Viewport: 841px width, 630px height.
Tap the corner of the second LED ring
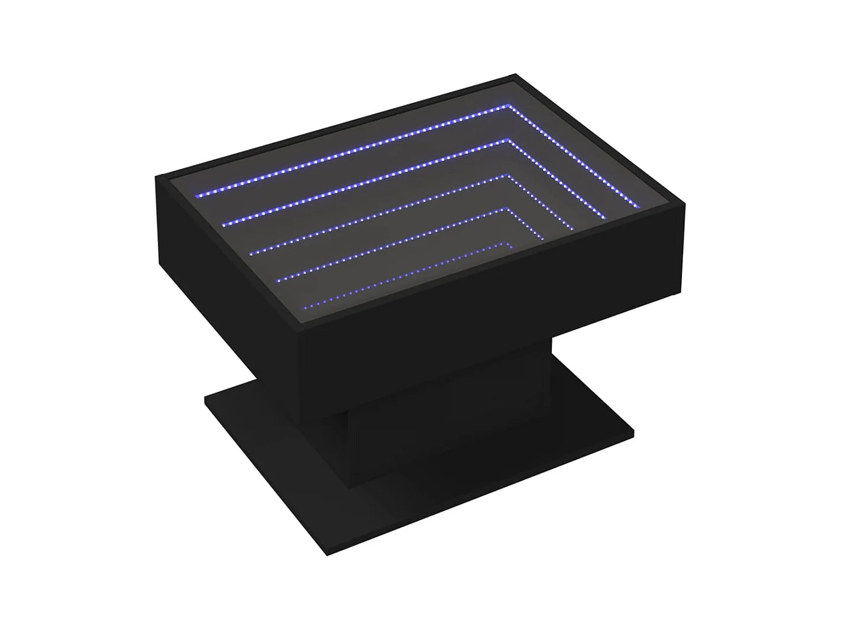(507, 140)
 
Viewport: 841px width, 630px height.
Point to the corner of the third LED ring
(506, 175)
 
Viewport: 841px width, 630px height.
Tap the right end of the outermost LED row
(639, 206)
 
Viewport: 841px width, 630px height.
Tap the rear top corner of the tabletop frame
(516, 74)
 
